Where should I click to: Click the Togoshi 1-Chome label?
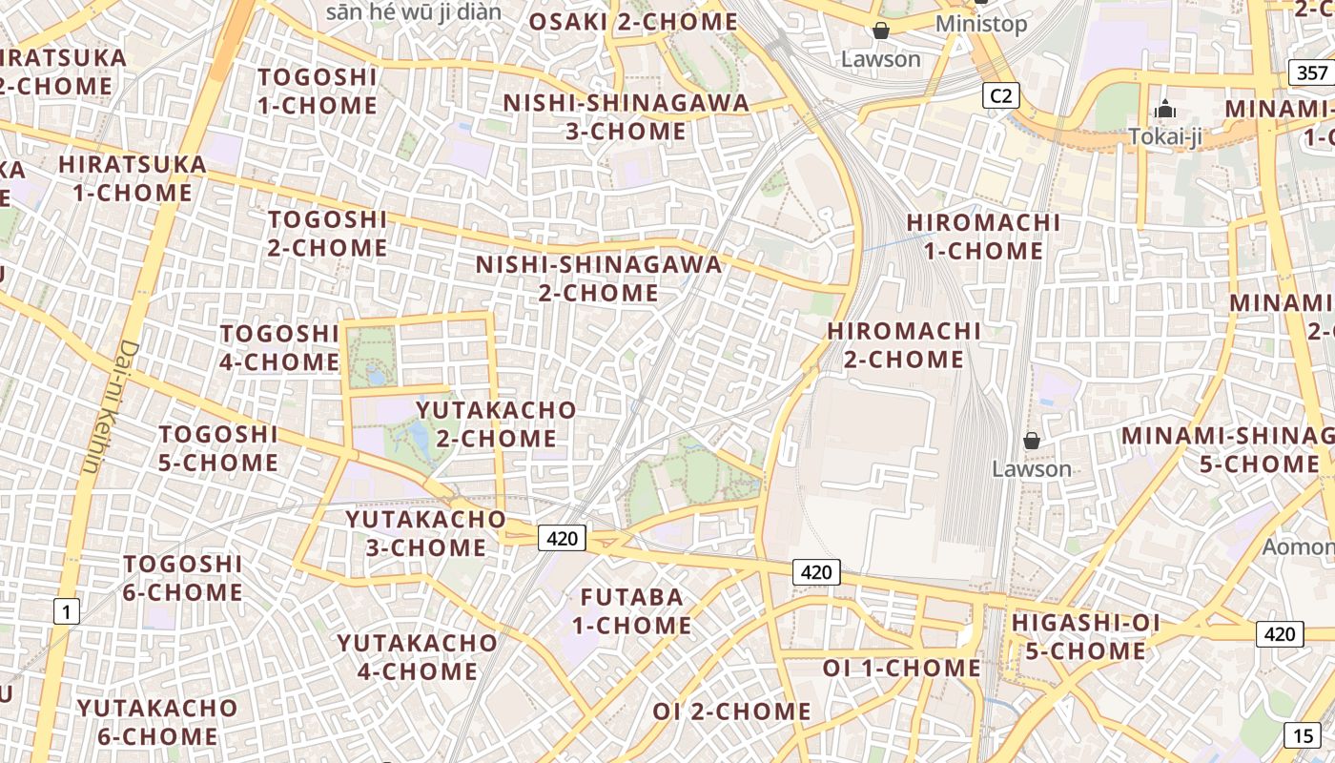coord(318,91)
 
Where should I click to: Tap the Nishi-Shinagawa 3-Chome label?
coord(626,116)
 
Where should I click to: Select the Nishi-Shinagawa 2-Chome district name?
coord(599,278)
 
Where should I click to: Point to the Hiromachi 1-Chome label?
coord(983,237)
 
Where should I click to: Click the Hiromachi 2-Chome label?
coord(904,345)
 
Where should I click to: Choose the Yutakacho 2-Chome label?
coord(496,424)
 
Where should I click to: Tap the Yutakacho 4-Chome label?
coord(418,657)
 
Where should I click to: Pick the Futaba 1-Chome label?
coord(632,611)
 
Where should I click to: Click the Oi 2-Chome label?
coord(731,711)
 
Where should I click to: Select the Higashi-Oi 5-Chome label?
coord(1085,637)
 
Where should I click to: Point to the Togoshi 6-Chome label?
coord(183,578)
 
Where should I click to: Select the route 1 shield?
coord(66,610)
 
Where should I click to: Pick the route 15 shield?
coord(1303,735)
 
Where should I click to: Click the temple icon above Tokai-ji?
coord(1164,110)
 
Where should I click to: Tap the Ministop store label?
coord(981,24)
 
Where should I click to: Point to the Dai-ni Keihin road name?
coord(110,407)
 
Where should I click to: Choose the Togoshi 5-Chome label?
coord(218,448)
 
